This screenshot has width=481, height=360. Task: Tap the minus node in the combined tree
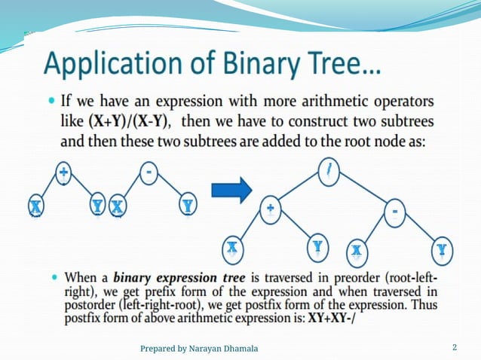point(395,212)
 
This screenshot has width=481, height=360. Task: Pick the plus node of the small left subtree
point(63,172)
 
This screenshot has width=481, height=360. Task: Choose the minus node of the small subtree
point(149,173)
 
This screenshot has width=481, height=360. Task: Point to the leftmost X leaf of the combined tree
point(232,247)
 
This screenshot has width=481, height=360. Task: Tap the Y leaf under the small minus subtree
point(188,205)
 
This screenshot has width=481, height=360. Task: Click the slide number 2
point(454,347)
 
